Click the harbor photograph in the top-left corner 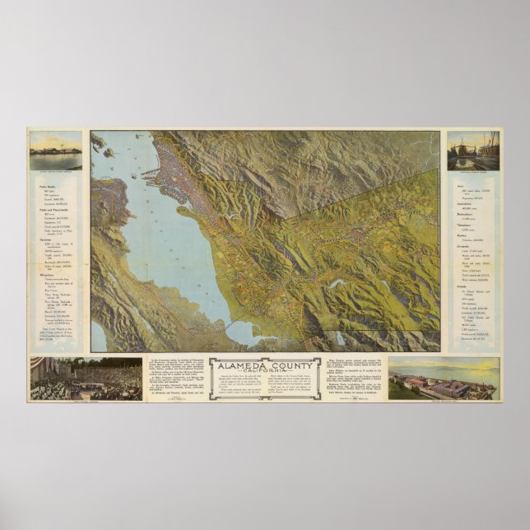point(56,151)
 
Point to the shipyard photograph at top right point(473,151)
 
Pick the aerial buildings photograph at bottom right point(442,378)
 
